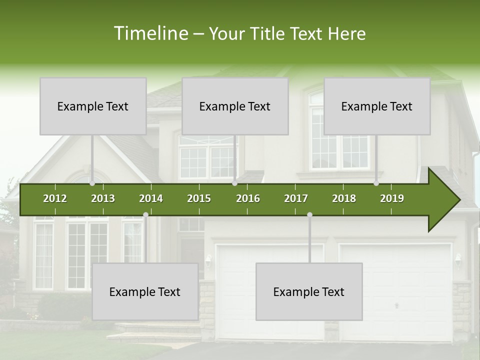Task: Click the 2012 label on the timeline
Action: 55,198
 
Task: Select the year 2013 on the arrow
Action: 103,198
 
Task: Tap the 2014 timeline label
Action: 151,198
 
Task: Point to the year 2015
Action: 199,198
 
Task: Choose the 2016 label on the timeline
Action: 248,198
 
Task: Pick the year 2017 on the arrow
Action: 296,198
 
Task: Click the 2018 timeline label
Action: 344,198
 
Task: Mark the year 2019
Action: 392,198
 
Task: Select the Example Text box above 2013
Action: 93,106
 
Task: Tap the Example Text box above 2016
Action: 235,106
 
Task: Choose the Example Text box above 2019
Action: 377,106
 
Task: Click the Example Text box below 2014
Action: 145,291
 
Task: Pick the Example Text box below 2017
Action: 309,291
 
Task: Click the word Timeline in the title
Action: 150,33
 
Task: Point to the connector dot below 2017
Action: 309,214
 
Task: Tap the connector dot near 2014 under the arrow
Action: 145,214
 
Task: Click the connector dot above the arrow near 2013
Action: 92,183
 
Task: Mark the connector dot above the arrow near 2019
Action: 376,183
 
